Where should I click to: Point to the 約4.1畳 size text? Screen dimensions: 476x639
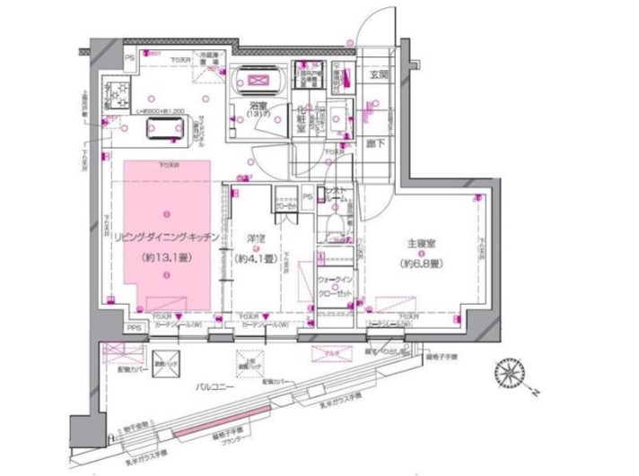click(x=255, y=259)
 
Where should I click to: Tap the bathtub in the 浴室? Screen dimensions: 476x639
click(x=258, y=83)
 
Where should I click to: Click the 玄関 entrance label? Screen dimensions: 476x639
click(x=378, y=76)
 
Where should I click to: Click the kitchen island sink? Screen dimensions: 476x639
click(x=166, y=132)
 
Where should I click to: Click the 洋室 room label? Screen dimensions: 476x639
click(x=255, y=238)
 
